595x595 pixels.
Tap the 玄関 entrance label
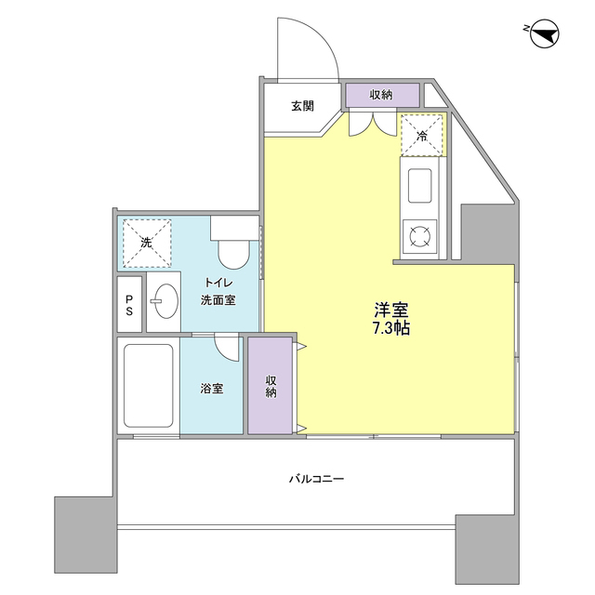click(302, 106)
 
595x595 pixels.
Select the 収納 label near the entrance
click(380, 95)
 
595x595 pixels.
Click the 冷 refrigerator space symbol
click(422, 136)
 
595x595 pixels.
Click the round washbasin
click(165, 302)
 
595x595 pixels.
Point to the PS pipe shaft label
click(130, 304)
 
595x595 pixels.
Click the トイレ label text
click(219, 282)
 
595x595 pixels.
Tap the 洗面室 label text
click(218, 300)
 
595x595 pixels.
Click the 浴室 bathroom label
click(212, 388)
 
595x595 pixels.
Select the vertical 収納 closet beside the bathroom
click(270, 385)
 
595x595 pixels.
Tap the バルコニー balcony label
click(315, 480)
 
